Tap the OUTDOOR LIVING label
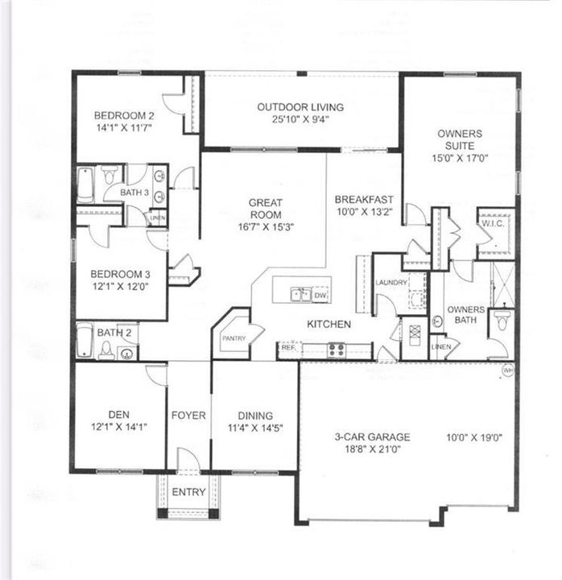pos(300,107)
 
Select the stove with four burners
pos(336,350)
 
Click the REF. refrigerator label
pos(287,350)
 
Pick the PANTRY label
pos(233,338)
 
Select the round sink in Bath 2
pos(126,351)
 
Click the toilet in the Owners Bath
pos(501,320)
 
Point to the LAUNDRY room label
pos(391,283)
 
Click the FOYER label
pos(188,416)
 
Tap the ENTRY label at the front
pos(188,492)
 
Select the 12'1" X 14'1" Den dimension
pos(119,428)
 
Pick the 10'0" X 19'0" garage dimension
pos(474,438)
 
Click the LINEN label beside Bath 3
pos(157,218)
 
